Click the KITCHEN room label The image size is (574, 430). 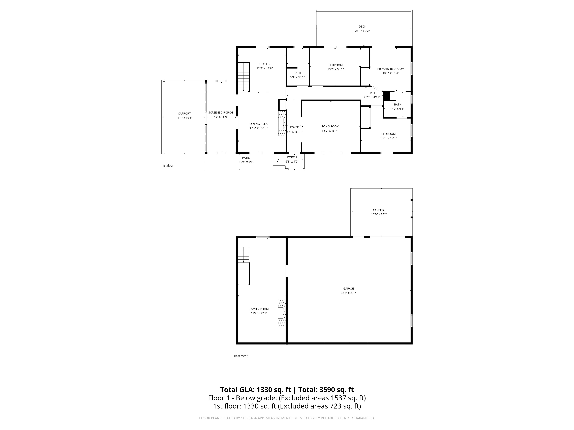click(x=264, y=64)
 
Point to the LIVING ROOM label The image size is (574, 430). click(x=330, y=126)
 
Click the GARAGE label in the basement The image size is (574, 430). click(x=349, y=289)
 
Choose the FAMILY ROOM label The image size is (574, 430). click(x=259, y=309)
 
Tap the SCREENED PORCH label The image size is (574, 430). click(x=221, y=113)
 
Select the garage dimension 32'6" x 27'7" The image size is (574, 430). click(x=349, y=293)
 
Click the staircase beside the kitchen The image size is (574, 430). click(x=244, y=77)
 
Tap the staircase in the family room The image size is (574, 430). click(x=244, y=255)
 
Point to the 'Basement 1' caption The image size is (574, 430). click(x=242, y=356)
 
